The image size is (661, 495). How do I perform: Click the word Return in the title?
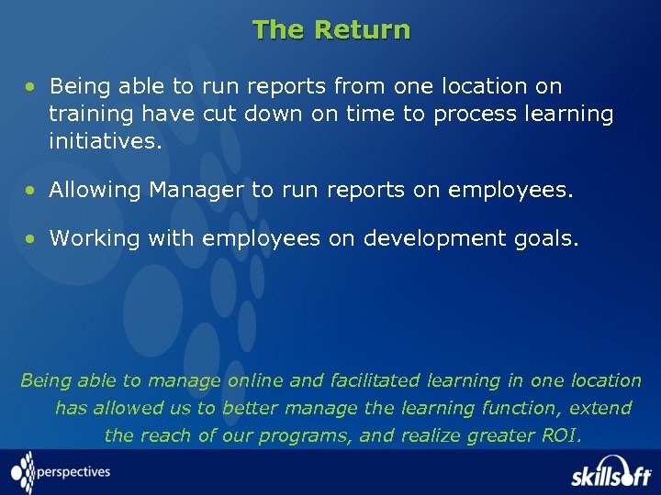pos(362,30)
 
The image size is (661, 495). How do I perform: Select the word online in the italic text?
pos(256,380)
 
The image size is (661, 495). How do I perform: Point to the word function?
pos(532,408)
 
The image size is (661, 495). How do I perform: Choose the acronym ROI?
pos(561,435)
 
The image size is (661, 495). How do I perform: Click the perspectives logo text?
pos(73,472)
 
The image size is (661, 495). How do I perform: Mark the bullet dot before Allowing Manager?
pos(31,191)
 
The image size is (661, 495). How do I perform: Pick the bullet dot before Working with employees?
pos(31,239)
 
